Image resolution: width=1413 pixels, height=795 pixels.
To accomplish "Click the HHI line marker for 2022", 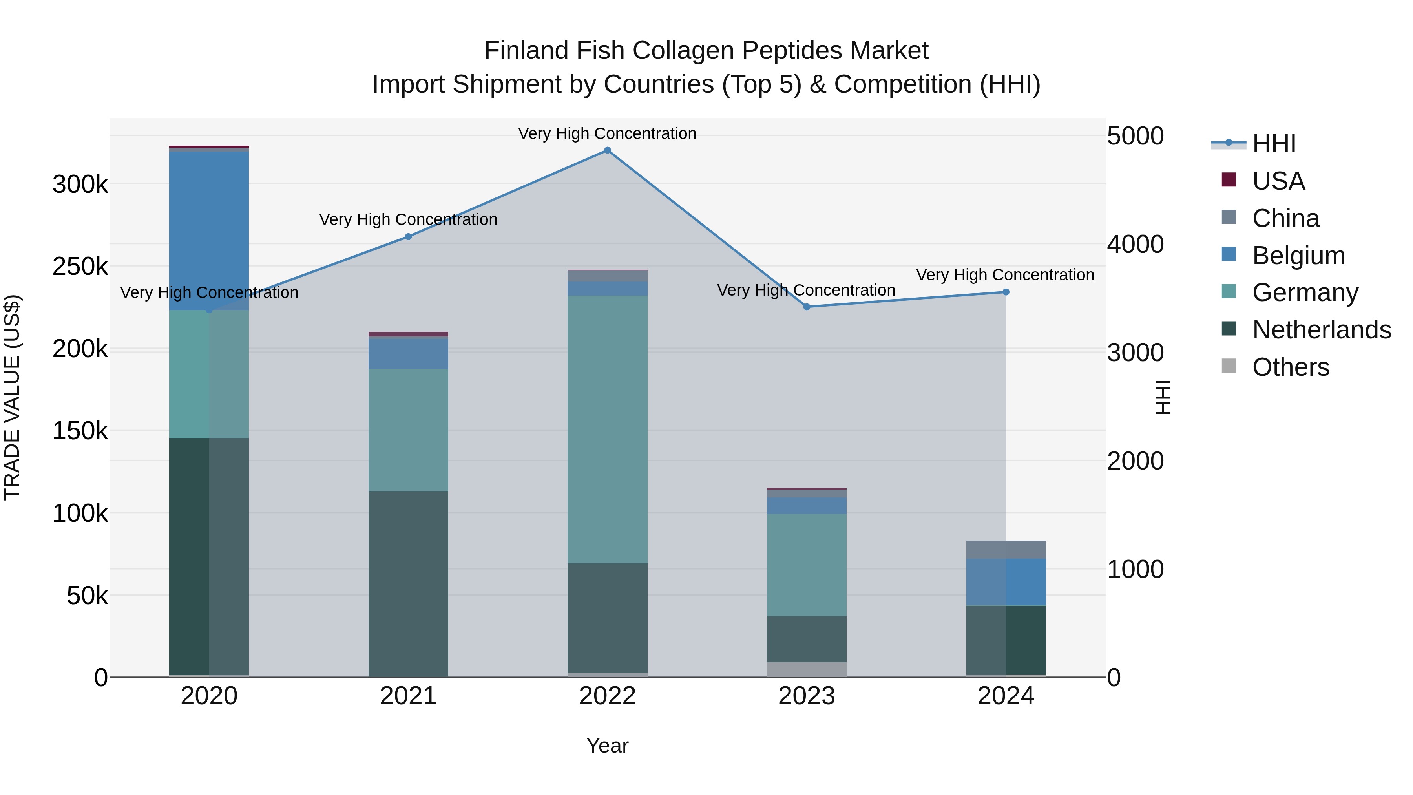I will point(607,150).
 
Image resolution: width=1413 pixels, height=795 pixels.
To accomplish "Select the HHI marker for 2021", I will point(408,236).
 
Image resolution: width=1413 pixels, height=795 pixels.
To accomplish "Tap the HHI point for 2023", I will point(806,307).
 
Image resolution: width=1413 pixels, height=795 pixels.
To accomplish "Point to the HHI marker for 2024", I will point(1006,292).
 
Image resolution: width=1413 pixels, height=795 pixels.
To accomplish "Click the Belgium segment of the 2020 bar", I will point(209,230).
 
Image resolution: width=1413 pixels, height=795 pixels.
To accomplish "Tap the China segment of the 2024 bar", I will point(1006,549).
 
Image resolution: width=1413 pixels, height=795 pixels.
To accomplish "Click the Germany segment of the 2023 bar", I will point(806,565).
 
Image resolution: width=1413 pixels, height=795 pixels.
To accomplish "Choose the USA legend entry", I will point(1278,181).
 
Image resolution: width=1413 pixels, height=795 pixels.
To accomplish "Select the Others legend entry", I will point(1290,367).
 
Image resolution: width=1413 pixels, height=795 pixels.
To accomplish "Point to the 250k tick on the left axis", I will point(80,267).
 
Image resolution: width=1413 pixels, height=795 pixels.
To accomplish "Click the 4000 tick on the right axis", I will point(1134,244).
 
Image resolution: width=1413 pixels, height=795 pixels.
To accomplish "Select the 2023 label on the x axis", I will point(806,696).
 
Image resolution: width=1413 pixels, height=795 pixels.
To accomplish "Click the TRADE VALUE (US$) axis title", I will point(12,397).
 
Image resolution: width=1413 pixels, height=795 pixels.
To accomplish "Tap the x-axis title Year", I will point(607,746).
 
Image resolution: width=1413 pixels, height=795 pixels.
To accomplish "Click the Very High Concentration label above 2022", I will point(607,133).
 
